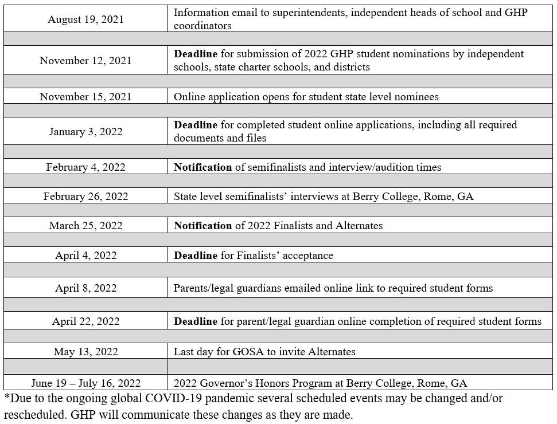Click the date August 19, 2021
[x=85, y=19]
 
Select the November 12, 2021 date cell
[x=85, y=61]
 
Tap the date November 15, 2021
[x=85, y=97]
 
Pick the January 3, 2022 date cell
[x=85, y=132]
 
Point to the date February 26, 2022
[x=85, y=197]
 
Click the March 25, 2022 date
[x=85, y=226]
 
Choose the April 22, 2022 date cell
[x=85, y=321]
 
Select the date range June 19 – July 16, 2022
[x=85, y=383]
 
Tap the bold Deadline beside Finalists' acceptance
[x=196, y=256]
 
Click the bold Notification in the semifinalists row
[x=203, y=167]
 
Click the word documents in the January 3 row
[x=196, y=138]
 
